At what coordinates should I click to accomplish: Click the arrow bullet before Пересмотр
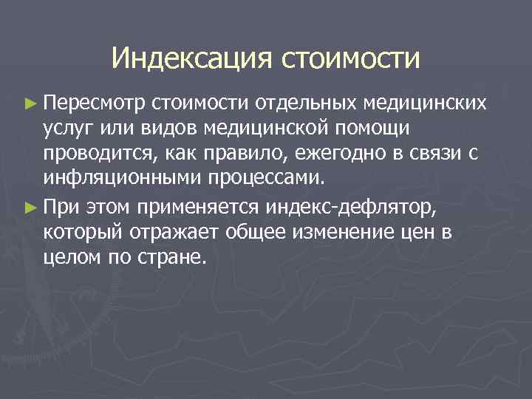(x=29, y=101)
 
